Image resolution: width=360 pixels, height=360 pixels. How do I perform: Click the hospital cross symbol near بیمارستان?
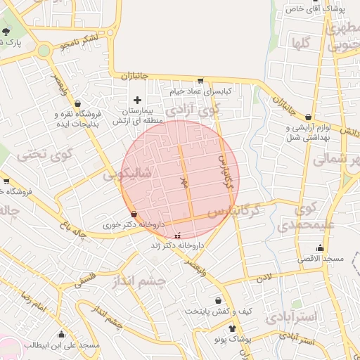[x=137, y=101]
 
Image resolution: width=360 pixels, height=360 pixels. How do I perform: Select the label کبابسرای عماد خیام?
[x=200, y=91]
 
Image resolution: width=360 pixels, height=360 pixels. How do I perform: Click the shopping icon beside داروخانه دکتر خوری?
[x=134, y=214]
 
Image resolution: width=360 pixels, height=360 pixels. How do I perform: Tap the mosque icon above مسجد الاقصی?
[x=321, y=247]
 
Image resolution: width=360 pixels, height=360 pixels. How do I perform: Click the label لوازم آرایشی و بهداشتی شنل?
[x=307, y=132]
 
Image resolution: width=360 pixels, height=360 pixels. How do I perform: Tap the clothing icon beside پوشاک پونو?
[x=233, y=328]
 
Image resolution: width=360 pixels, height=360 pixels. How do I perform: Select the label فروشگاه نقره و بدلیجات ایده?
[x=79, y=117]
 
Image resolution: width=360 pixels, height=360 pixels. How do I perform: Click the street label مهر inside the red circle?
[x=184, y=182]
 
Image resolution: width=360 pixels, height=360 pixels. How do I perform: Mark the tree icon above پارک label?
[x=6, y=32]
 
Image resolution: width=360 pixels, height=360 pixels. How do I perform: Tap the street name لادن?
[x=263, y=278]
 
